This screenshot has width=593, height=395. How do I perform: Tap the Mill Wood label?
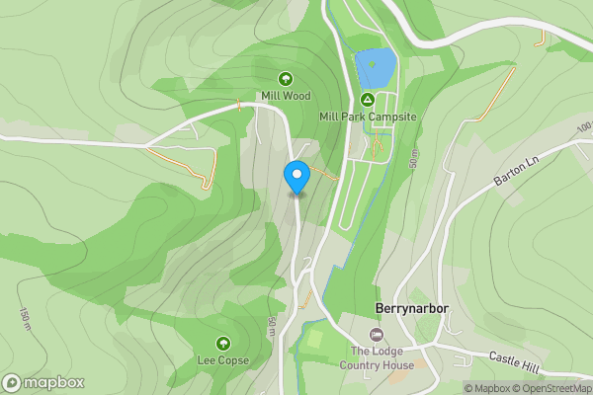286,96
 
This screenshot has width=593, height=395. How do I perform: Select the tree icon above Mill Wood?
286,78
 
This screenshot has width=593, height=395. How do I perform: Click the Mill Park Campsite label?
368,117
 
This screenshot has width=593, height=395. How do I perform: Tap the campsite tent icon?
368,99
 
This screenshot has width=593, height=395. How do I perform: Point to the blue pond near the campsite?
377,68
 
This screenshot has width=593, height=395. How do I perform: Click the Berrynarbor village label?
412,308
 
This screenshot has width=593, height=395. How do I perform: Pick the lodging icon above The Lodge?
377,336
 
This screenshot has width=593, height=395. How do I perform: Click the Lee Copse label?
223,360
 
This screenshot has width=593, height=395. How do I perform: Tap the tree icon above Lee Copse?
223,343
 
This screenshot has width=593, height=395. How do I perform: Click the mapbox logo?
43,382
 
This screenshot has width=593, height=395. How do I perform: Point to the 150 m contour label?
23,318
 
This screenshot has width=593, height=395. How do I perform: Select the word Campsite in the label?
392,117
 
